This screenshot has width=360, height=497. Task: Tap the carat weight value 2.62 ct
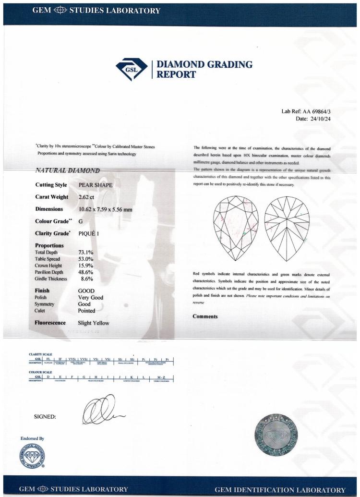pyautogui.click(x=88, y=197)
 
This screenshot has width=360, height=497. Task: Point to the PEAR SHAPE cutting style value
pyautogui.click(x=96, y=184)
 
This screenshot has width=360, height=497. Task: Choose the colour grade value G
pyautogui.click(x=81, y=222)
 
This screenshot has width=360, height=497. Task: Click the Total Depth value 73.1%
pyautogui.click(x=85, y=252)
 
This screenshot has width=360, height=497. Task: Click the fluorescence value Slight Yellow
pyautogui.click(x=94, y=323)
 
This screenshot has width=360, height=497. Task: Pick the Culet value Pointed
pyautogui.click(x=88, y=311)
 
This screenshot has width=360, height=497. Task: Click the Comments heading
pyautogui.click(x=205, y=316)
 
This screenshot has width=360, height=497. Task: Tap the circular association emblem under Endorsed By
pyautogui.click(x=31, y=455)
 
